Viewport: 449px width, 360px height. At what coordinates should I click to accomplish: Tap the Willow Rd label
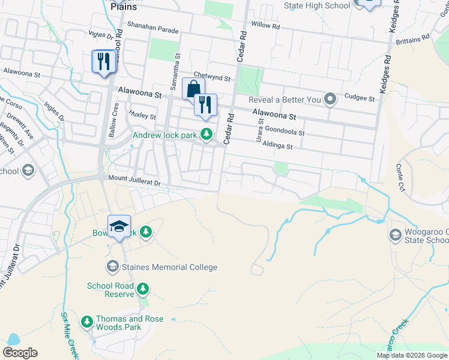[265, 26]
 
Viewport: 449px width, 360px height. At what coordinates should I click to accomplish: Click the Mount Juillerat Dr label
[135, 180]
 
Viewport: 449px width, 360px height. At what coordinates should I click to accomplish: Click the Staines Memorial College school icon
[112, 266]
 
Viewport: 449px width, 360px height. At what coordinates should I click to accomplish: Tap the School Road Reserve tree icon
[143, 290]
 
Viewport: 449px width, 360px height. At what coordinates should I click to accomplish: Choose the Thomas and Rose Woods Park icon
[87, 323]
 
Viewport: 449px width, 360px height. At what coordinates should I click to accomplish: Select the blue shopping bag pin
[193, 90]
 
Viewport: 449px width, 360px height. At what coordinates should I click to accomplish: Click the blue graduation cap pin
[119, 226]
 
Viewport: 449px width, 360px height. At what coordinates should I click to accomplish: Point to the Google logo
[20, 353]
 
